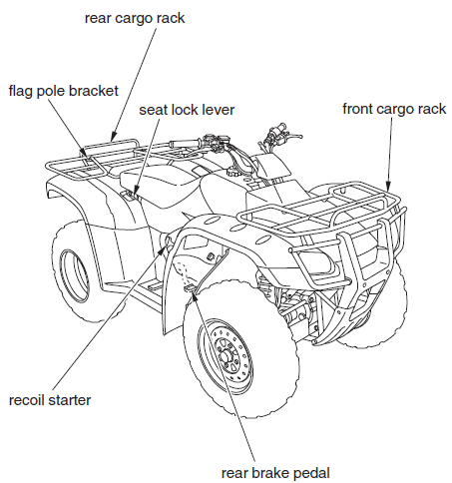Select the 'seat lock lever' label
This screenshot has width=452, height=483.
click(194, 109)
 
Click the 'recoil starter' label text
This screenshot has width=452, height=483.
click(50, 400)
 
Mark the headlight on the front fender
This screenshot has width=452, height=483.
click(317, 261)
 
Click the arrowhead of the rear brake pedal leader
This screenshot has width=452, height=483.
click(192, 289)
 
